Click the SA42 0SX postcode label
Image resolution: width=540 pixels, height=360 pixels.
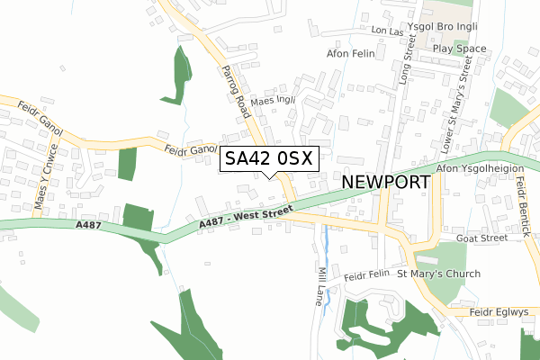coord(268,159)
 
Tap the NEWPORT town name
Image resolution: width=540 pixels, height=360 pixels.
coord(386,182)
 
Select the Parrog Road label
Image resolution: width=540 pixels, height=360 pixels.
coord(233,91)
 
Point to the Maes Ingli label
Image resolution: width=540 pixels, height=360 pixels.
coord(274,101)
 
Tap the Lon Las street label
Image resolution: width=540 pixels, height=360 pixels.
coord(389,31)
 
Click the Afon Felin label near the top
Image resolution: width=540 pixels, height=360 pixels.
coord(348,53)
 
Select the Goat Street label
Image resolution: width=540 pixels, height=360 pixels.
coord(482,238)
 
